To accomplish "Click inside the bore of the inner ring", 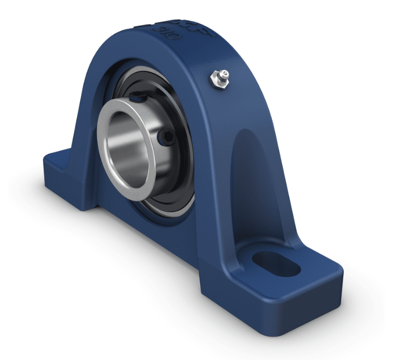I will pos(132,147).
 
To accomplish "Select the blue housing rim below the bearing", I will pos(164,229).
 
